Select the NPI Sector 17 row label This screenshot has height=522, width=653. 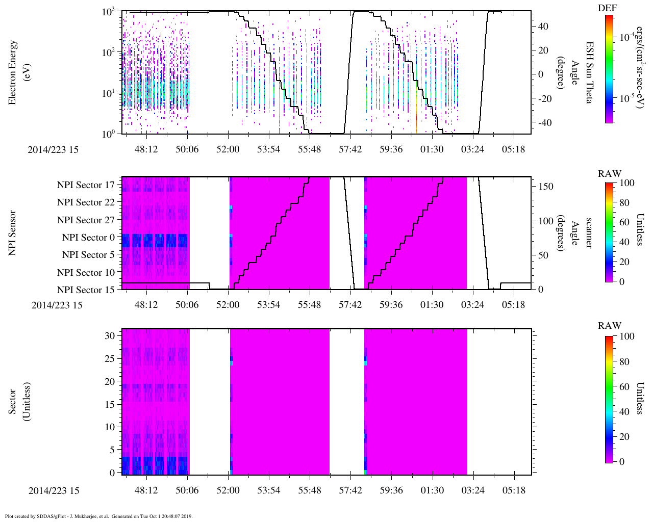[x=86, y=185]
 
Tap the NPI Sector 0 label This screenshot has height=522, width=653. [x=88, y=238]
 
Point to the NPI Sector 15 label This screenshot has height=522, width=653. [x=86, y=290]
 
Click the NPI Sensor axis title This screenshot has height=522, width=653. [x=13, y=233]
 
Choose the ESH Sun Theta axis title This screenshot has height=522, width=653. [x=589, y=72]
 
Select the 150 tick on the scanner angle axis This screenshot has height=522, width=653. [x=546, y=187]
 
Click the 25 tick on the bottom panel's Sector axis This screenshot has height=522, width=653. [x=110, y=358]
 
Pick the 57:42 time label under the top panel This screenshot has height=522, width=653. [x=350, y=149]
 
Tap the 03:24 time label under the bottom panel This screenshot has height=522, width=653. [x=473, y=490]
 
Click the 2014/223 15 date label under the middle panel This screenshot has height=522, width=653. [x=57, y=305]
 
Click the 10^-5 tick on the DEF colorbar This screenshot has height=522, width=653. [x=627, y=99]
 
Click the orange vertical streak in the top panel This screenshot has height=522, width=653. [x=417, y=117]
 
